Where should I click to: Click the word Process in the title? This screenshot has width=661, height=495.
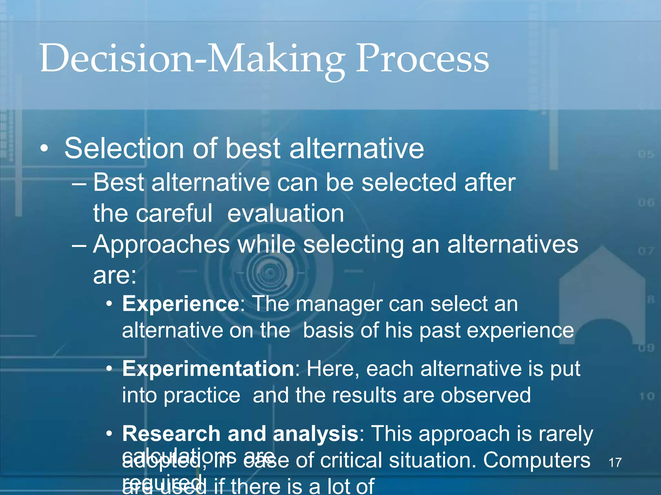pos(422,59)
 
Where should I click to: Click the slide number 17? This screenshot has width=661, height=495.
pos(615,462)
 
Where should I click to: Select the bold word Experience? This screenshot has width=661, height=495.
pos(180,304)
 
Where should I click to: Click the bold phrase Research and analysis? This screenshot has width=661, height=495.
pos(240,433)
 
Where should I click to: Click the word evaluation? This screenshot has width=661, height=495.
pos(285,213)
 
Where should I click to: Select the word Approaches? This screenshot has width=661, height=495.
pos(161,244)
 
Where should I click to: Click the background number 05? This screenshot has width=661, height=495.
pos(646,154)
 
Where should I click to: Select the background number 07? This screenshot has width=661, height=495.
pos(646,251)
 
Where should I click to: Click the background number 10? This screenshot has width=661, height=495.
pos(646,396)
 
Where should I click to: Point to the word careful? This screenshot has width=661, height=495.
pos(174,213)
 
